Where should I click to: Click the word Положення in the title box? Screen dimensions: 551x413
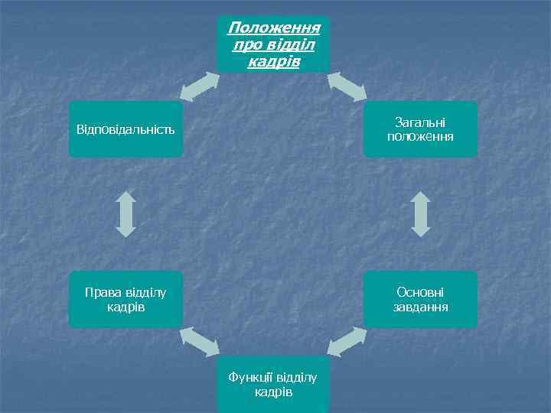[273, 28]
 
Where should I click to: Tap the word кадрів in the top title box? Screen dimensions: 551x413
[273, 60]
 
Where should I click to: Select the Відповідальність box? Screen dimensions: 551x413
[126, 128]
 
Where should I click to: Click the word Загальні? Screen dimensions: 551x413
[420, 122]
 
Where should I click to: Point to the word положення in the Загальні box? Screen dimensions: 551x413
[420, 137]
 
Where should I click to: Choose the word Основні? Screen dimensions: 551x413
[420, 292]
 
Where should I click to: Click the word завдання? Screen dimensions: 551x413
[420, 307]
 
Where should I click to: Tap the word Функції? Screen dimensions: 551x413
[252, 378]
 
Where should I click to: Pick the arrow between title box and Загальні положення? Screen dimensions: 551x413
[348, 86]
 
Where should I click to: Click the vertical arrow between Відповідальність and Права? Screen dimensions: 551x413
[126, 213]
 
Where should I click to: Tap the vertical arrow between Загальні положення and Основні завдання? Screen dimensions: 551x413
[420, 213]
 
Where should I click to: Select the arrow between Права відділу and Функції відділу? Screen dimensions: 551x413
[199, 341]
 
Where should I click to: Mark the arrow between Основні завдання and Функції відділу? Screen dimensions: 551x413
[347, 341]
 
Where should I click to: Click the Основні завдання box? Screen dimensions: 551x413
[420, 300]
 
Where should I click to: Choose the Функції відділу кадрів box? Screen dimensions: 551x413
[273, 385]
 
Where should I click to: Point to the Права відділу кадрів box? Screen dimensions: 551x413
[126, 300]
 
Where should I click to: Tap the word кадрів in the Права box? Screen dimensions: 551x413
[126, 307]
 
